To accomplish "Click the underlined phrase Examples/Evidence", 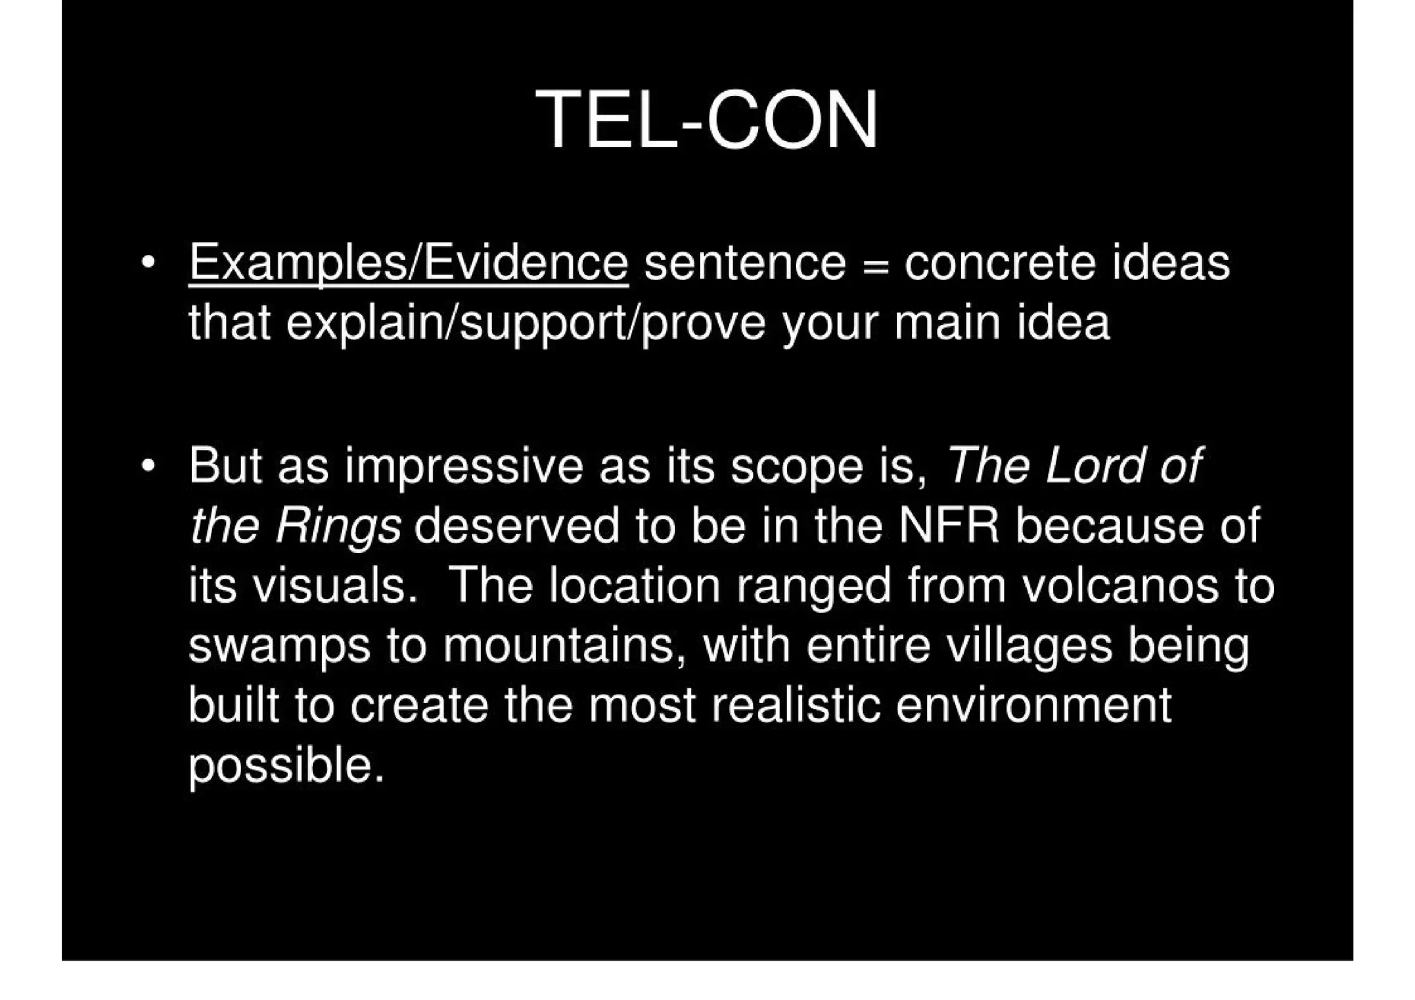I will [408, 263].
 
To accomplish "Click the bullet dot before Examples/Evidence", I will [146, 265].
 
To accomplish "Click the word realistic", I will [795, 706].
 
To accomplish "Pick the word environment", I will [1034, 706].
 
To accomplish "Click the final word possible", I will [285, 766].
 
